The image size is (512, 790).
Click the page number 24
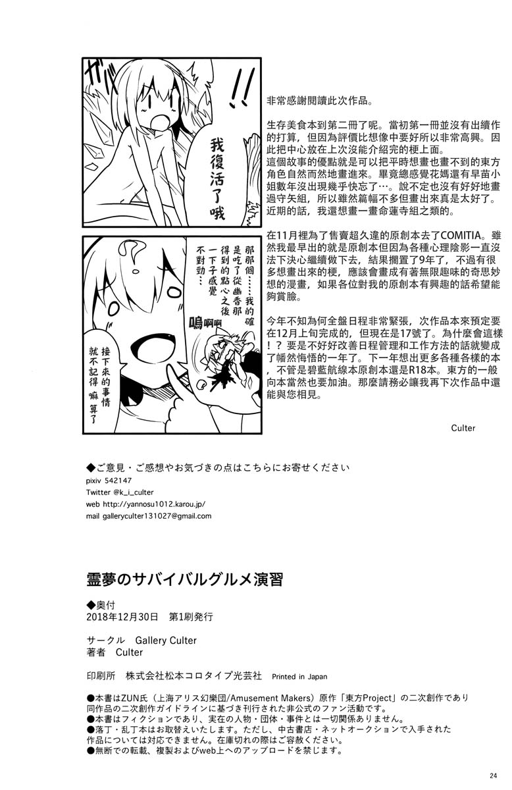pyautogui.click(x=495, y=774)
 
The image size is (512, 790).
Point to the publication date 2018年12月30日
pyautogui.click(x=122, y=617)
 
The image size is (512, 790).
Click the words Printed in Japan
pyautogui.click(x=299, y=676)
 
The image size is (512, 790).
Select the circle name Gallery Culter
pyautogui.click(x=166, y=640)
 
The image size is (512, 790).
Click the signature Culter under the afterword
pyautogui.click(x=463, y=428)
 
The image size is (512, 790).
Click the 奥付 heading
pyautogui.click(x=105, y=604)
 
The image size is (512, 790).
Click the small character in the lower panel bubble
pyautogui.click(x=222, y=359)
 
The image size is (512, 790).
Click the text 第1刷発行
pyautogui.click(x=192, y=617)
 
